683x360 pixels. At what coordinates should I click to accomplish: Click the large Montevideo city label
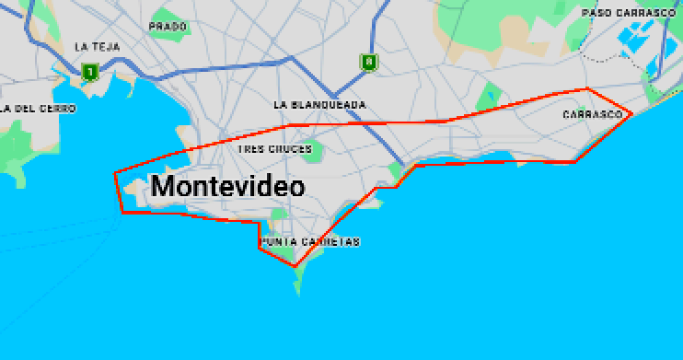click(x=227, y=186)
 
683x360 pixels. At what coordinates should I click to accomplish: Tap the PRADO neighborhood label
click(x=168, y=27)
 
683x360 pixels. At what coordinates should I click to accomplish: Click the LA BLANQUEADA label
click(x=319, y=105)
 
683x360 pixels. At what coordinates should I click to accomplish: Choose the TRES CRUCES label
click(x=268, y=148)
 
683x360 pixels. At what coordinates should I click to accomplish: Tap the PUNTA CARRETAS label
click(x=309, y=242)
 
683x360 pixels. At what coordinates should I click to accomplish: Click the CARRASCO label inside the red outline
click(x=592, y=114)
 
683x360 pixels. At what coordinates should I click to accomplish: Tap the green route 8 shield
click(x=368, y=63)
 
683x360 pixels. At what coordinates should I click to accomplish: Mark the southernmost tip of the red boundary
click(x=295, y=266)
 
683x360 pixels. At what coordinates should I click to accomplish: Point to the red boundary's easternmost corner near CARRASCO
click(x=631, y=113)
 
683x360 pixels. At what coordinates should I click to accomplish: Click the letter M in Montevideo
click(x=162, y=186)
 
